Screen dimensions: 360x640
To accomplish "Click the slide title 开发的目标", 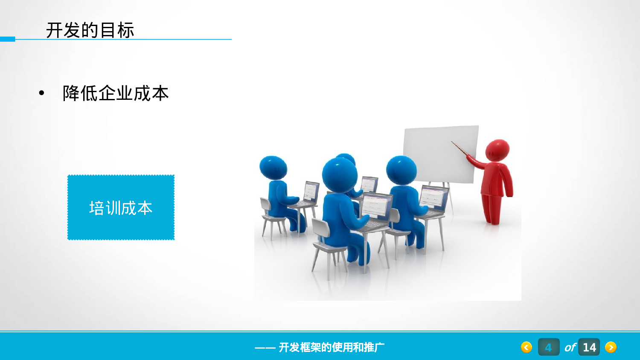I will [90, 30].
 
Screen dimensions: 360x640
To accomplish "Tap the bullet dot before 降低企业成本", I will [41, 93].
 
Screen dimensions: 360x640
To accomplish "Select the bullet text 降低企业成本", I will [116, 93].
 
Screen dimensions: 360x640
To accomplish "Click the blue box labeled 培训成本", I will [121, 207].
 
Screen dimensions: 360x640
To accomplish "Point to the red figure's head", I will [498, 150].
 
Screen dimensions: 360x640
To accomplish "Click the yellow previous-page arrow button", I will [527, 347].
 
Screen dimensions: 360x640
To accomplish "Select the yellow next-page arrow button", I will [611, 347].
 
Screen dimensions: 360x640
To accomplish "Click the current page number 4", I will [548, 347].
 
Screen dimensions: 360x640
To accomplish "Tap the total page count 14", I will [589, 347].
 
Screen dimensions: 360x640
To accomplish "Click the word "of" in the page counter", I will [570, 348].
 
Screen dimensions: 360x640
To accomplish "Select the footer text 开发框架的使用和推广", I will [331, 347].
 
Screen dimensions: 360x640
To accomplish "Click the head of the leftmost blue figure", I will [273, 167].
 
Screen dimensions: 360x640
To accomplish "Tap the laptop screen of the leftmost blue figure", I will [311, 191].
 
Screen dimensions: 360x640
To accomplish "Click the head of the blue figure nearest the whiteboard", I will [401, 170].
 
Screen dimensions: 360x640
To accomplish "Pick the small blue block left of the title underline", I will [7, 39].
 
